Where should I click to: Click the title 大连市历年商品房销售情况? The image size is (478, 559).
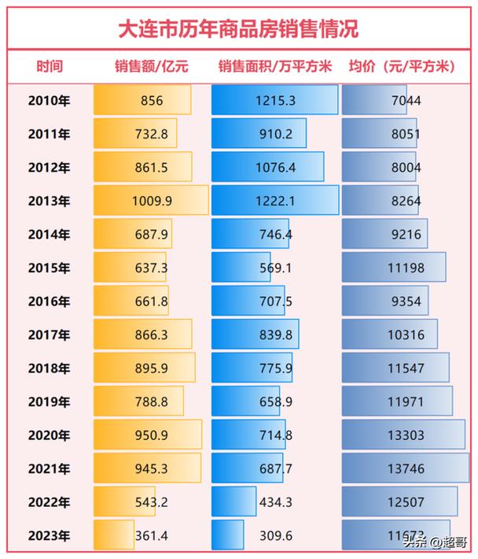238,29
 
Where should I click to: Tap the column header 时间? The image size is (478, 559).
49,67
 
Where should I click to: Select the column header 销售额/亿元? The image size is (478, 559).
151,67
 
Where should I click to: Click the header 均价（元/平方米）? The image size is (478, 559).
402,67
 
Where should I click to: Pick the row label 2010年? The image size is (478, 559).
49,100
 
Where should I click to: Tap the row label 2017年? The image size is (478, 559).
49,335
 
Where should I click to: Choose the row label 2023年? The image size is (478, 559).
49,536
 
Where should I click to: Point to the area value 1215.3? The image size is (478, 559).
276,100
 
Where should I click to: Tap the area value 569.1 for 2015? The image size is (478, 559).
276,268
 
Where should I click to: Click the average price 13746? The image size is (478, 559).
406,469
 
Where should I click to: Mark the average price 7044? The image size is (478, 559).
406,100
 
